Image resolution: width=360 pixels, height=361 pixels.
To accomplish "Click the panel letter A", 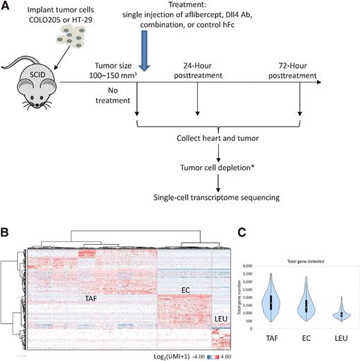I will pyautogui.click(x=7, y=6).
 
